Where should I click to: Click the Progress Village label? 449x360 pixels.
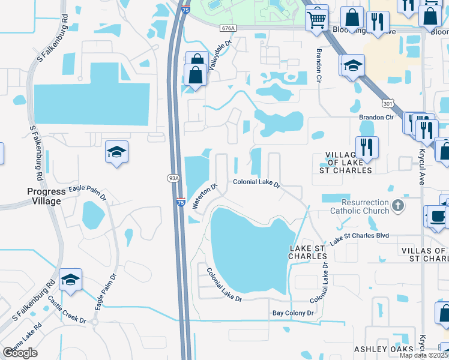(x=46, y=196)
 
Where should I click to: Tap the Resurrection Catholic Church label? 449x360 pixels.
(x=360, y=206)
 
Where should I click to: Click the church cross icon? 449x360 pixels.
(x=397, y=206)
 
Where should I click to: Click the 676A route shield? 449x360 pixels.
(x=228, y=28)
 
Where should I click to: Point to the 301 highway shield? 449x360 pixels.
(x=389, y=103)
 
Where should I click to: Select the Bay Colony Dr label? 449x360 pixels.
(x=294, y=313)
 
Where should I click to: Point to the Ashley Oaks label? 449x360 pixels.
(x=383, y=349)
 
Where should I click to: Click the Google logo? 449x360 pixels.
(x=20, y=353)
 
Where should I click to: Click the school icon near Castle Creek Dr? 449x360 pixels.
(x=70, y=280)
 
